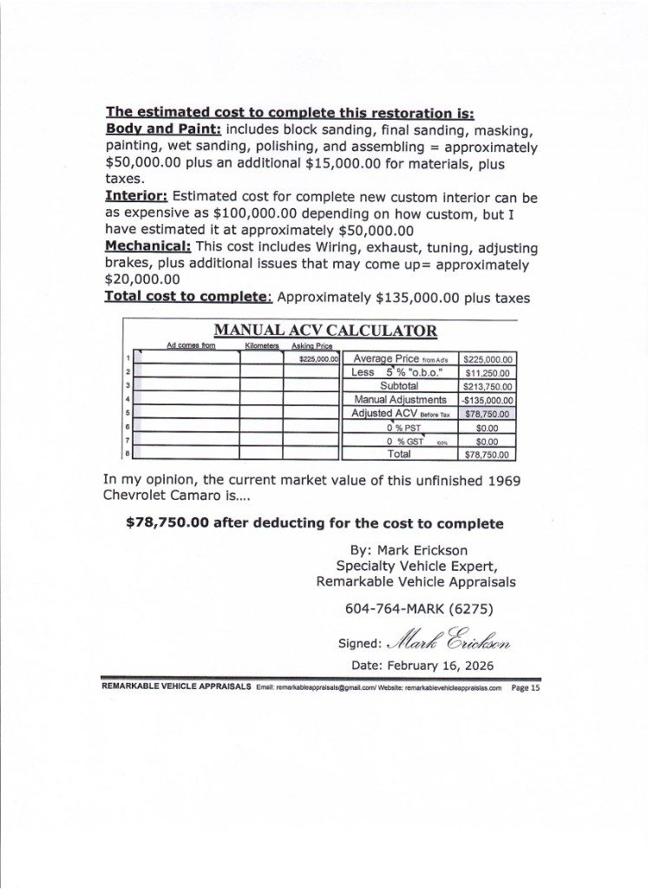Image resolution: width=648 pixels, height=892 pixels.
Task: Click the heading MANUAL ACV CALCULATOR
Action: pyautogui.click(x=325, y=331)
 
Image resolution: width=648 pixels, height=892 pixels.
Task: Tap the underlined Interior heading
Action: pyautogui.click(x=135, y=196)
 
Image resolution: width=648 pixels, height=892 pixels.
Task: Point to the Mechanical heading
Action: pyautogui.click(x=147, y=246)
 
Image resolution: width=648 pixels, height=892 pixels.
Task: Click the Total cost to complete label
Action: pyautogui.click(x=188, y=296)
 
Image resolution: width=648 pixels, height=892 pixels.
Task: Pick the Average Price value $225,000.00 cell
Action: pyautogui.click(x=488, y=358)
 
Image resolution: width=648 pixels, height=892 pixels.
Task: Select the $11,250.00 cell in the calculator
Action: pyautogui.click(x=488, y=372)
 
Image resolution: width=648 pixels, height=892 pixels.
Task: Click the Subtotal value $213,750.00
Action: pyautogui.click(x=488, y=386)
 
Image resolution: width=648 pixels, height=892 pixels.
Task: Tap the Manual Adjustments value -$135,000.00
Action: pyautogui.click(x=488, y=400)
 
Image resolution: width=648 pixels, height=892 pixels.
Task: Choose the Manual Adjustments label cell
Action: pyautogui.click(x=400, y=400)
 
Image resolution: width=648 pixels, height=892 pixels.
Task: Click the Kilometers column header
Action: pyautogui.click(x=261, y=345)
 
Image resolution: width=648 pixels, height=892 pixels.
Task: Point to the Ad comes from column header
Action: pyautogui.click(x=191, y=345)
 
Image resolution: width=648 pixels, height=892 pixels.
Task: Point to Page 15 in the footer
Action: pyautogui.click(x=526, y=686)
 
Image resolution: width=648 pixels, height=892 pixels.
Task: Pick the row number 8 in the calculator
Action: pyautogui.click(x=128, y=453)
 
